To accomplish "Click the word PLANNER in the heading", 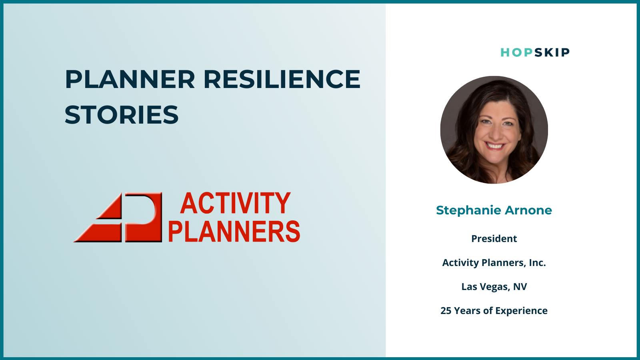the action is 130,79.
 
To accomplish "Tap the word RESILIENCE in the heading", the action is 282,79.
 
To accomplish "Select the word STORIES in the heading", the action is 122,114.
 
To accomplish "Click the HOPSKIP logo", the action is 535,52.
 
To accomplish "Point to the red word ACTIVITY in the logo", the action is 236,203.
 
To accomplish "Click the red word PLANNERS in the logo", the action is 234,231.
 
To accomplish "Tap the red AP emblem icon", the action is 118,217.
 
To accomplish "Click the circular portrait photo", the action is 494,130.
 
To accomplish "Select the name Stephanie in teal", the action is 468,210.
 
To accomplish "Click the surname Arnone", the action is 528,210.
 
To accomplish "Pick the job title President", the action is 494,238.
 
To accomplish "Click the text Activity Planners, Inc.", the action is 494,262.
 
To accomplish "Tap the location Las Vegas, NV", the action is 494,286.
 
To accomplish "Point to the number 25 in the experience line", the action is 446,310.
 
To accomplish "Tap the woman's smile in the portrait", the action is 494,146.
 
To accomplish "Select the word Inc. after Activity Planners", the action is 538,262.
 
